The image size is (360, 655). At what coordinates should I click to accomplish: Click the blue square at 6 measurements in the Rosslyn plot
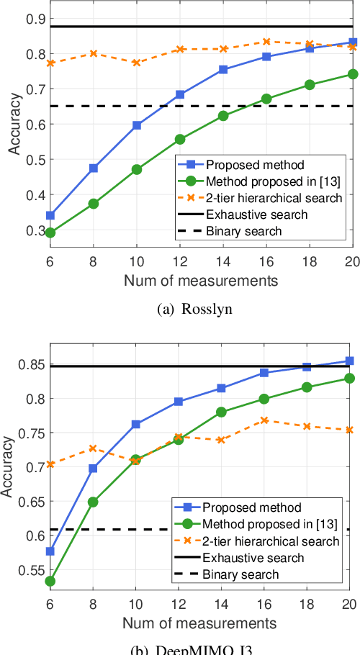click(50, 215)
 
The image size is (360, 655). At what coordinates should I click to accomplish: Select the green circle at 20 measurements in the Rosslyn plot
click(353, 74)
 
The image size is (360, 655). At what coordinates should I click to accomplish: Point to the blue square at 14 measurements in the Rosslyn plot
click(223, 70)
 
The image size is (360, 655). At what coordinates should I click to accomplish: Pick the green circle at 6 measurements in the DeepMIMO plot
click(50, 581)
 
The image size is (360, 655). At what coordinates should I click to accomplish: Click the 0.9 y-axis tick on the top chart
click(35, 18)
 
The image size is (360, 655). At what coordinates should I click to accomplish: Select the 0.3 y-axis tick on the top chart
click(35, 230)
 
